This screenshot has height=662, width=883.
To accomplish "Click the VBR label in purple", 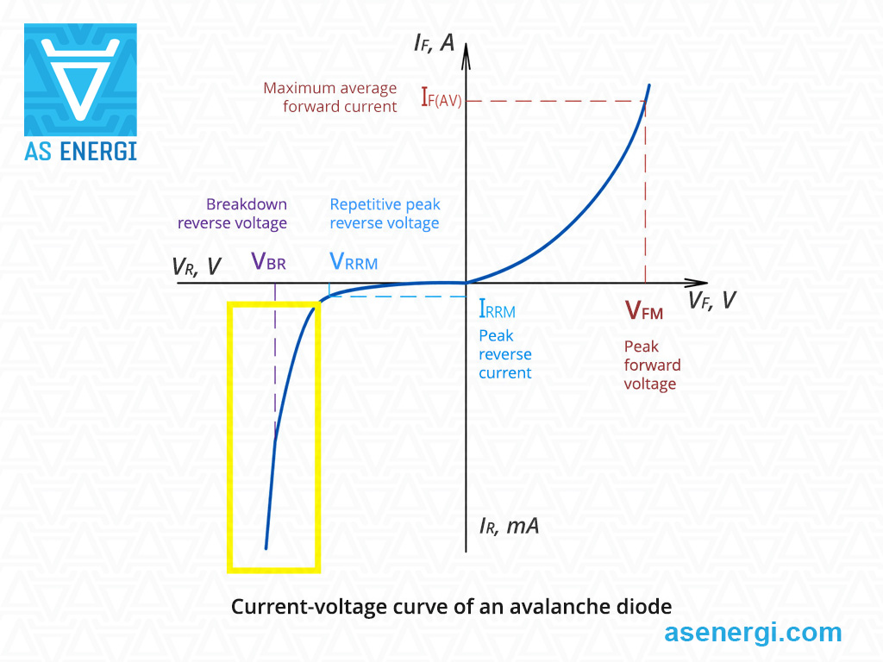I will (268, 261).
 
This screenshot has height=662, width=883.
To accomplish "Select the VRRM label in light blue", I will (354, 261).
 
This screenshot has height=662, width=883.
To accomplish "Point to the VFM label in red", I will (644, 310).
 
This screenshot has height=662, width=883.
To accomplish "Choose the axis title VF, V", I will (712, 301).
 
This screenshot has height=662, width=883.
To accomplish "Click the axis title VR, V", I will (197, 266).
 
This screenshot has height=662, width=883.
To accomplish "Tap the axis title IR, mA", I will (509, 525).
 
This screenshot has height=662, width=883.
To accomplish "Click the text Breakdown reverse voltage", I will (233, 214).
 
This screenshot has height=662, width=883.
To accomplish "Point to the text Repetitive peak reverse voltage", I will (385, 214).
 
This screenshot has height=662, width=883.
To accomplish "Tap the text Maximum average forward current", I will (330, 97).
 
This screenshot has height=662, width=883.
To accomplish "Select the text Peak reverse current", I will (504, 354).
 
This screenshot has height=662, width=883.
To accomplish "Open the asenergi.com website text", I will (753, 633).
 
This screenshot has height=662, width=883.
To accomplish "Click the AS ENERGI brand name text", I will (80, 152).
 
